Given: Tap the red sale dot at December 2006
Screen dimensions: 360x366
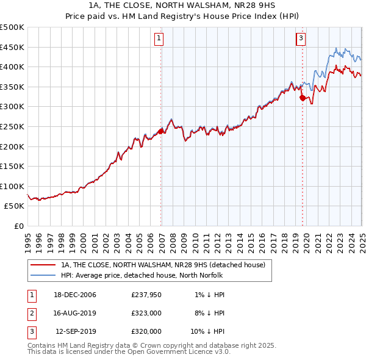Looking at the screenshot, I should pos(161,131).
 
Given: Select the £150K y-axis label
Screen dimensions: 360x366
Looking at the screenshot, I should pos(12,166).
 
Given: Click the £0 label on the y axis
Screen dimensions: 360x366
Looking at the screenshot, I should pos(18,226).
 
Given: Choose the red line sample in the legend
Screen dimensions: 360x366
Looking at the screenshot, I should pos(43,265).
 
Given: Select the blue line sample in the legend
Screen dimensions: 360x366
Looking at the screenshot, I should pos(43,276).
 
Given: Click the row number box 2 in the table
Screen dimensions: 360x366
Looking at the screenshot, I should pos(31,313).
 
